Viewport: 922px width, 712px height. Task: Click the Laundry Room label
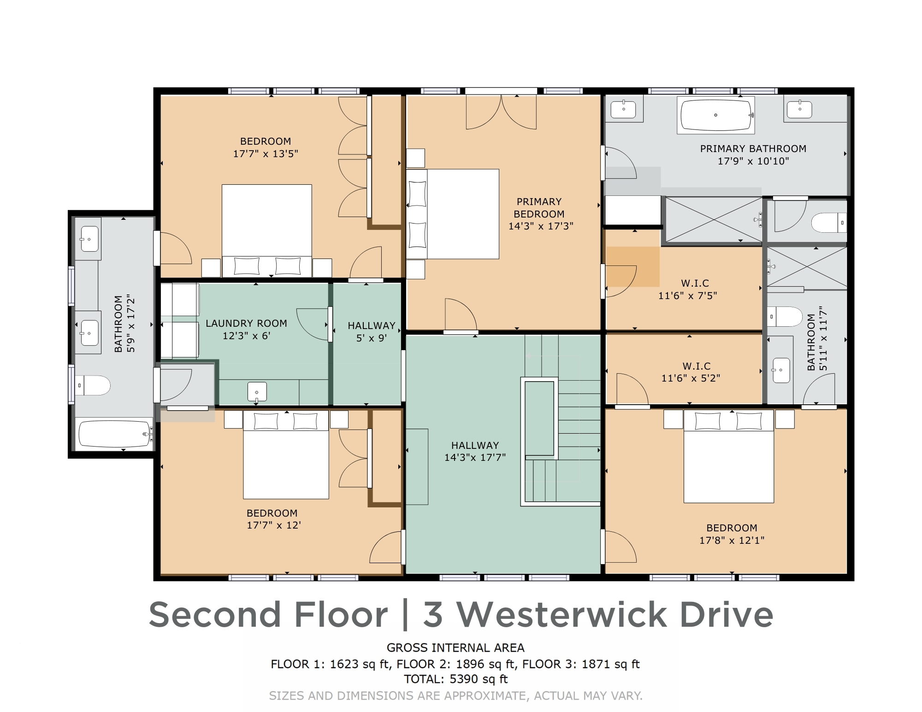(246, 324)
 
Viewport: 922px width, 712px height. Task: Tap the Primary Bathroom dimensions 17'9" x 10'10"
(753, 161)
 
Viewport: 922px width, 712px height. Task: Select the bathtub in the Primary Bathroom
(715, 115)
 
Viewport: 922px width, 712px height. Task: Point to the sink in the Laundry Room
(257, 392)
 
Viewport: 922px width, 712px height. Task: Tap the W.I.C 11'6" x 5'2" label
(690, 372)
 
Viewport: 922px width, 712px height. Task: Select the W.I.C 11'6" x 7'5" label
(687, 289)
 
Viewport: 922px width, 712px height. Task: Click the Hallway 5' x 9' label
(371, 332)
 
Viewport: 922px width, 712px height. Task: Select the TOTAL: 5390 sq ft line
(455, 679)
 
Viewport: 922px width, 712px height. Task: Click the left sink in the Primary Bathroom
(623, 110)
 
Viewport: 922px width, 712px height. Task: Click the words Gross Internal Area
(455, 648)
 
